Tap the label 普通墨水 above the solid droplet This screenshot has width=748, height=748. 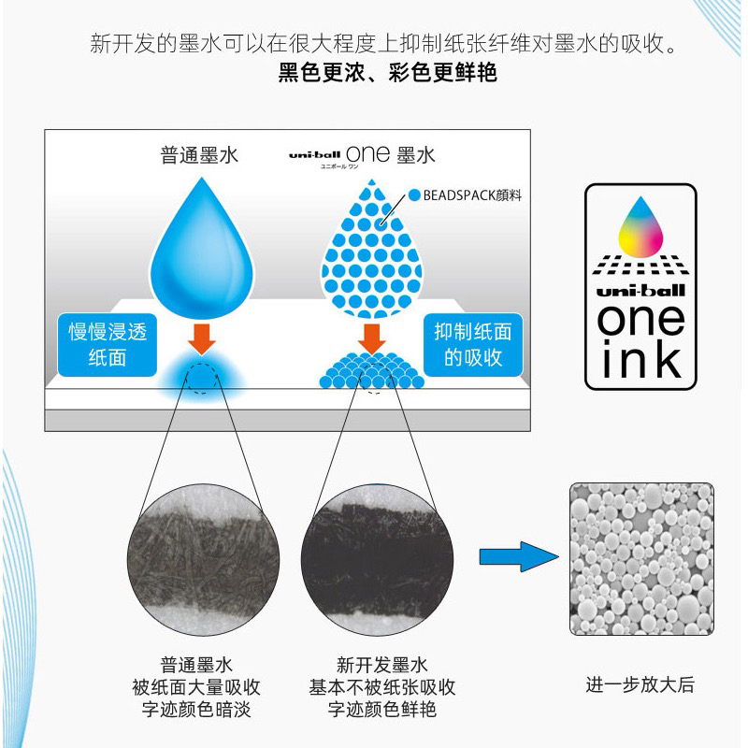(199, 154)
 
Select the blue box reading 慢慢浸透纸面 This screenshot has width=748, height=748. (108, 344)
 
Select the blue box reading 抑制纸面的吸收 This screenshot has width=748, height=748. (472, 343)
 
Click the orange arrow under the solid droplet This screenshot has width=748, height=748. (199, 337)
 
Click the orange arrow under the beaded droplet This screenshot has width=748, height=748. (372, 338)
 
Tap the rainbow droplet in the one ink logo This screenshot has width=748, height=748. (640, 224)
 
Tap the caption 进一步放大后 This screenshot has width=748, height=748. (640, 684)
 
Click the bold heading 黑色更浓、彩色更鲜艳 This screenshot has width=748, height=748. (387, 72)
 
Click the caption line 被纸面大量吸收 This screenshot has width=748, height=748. (194, 687)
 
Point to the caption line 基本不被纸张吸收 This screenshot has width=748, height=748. (381, 687)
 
